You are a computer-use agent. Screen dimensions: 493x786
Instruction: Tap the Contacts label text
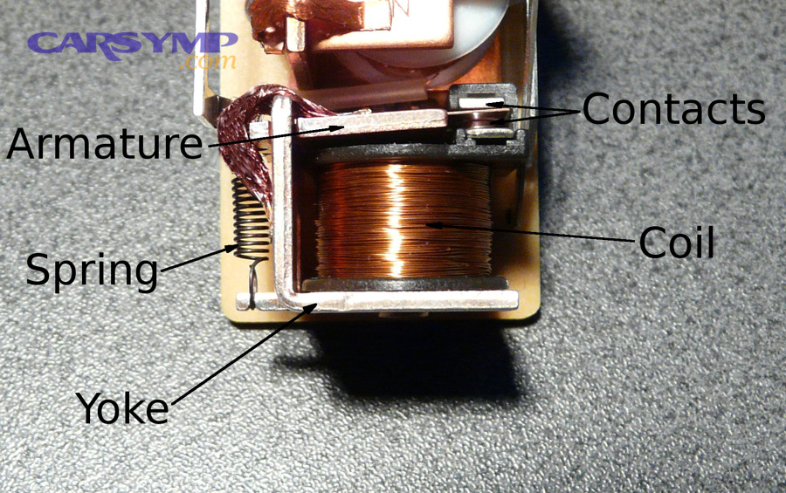[673, 110]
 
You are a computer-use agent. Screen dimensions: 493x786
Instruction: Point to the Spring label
[92, 270]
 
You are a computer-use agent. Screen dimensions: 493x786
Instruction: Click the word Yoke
[121, 407]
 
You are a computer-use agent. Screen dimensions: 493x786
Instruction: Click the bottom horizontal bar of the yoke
[410, 301]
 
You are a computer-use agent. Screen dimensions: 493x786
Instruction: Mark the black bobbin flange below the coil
[402, 284]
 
